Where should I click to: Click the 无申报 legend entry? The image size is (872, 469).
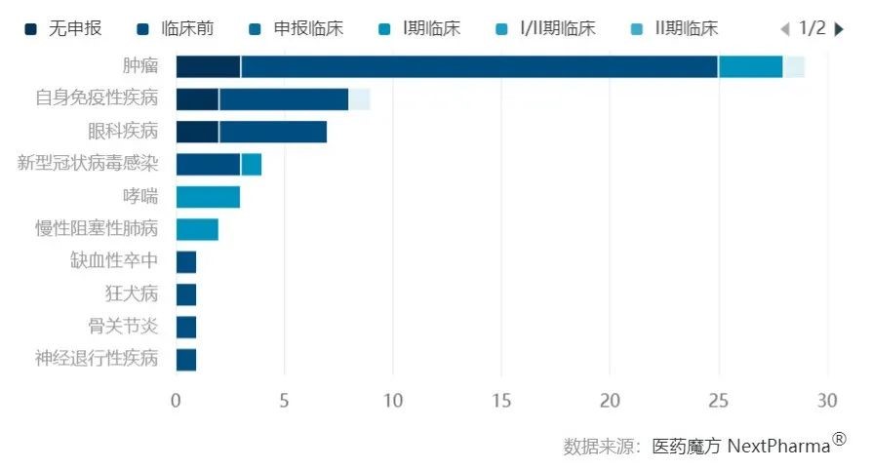pyautogui.click(x=64, y=28)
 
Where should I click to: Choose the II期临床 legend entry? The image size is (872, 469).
pyautogui.click(x=673, y=28)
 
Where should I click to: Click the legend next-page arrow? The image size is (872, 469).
pyautogui.click(x=839, y=29)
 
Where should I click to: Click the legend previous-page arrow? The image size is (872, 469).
pyautogui.click(x=785, y=29)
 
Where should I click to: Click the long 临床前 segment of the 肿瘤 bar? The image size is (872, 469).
pyautogui.click(x=478, y=66)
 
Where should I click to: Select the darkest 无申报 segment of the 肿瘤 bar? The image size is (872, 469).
pyautogui.click(x=208, y=66)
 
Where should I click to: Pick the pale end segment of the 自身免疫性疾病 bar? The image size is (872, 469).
pyautogui.click(x=360, y=99)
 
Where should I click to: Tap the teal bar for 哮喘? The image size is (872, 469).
pyautogui.click(x=208, y=197)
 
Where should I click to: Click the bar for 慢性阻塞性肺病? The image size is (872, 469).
pyautogui.click(x=197, y=229)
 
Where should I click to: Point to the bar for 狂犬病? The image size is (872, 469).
pyautogui.click(x=186, y=294)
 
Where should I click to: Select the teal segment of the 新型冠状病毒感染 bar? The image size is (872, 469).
pyautogui.click(x=252, y=164)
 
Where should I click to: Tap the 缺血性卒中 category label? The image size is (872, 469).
pyautogui.click(x=113, y=261)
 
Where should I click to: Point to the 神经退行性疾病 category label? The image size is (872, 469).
pyautogui.click(x=96, y=359)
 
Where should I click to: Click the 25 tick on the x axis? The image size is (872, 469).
pyautogui.click(x=718, y=401)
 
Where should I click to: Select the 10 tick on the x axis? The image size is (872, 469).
pyautogui.click(x=392, y=401)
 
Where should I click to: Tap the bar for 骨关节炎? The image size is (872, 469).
pyautogui.click(x=186, y=327)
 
